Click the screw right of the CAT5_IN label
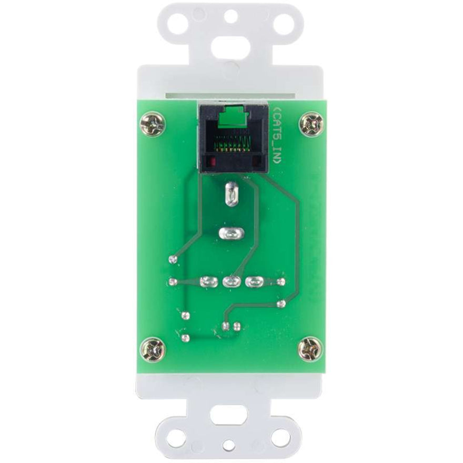coord(309,124)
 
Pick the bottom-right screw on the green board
coord(308,348)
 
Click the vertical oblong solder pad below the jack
coord(230,194)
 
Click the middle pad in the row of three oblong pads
coord(230,282)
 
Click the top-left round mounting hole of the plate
coord(178,23)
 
